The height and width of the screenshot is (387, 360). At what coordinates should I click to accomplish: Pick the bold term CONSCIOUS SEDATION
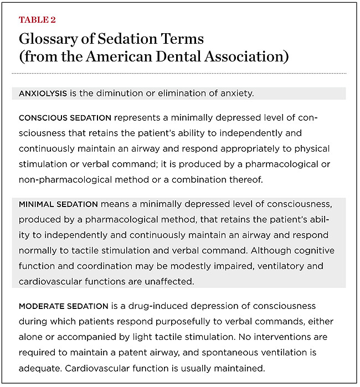click(x=60, y=119)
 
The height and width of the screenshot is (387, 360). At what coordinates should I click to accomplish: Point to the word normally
click(x=39, y=250)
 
